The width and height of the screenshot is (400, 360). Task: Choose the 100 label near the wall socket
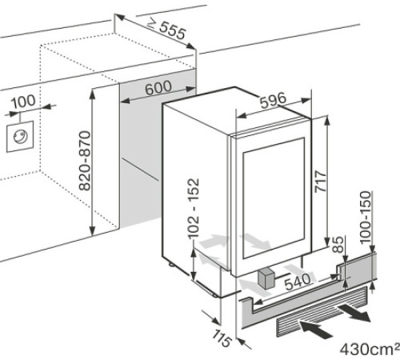pyautogui.click(x=24, y=102)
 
